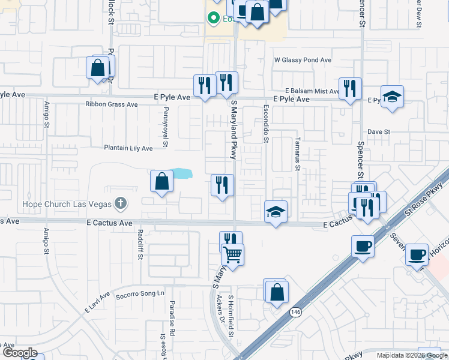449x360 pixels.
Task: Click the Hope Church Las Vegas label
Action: point(67,203)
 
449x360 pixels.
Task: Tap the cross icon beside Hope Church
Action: point(121,203)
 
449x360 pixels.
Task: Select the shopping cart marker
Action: point(232,254)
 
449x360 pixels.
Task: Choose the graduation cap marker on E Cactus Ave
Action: point(276,212)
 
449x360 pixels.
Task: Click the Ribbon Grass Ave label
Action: point(112,104)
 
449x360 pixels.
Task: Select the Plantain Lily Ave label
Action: point(128,148)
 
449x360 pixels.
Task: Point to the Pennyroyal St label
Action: point(165,127)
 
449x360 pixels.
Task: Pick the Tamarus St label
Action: point(297,154)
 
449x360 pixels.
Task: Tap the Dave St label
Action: point(379,131)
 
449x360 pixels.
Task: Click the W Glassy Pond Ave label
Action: point(303,61)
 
